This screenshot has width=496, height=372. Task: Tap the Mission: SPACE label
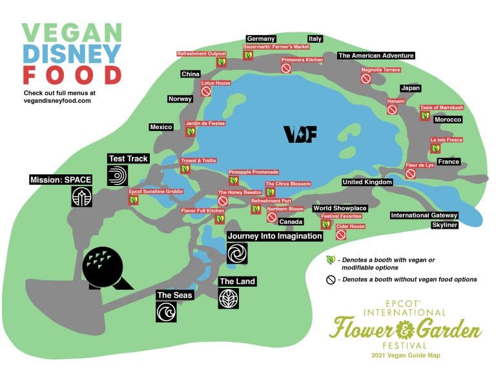[61, 179]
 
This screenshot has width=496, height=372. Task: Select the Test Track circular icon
[118, 176]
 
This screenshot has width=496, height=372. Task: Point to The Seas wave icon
[166, 313]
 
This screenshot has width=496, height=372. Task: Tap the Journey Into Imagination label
[274, 236]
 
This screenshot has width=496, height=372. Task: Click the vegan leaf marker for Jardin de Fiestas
[191, 132]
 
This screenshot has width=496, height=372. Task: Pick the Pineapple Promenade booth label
[254, 172]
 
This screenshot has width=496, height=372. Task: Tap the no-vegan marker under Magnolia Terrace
[366, 79]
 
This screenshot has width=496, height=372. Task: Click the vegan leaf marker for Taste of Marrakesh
[425, 116]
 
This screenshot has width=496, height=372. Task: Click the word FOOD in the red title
[72, 75]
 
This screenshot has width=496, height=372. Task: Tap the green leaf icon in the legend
[331, 260]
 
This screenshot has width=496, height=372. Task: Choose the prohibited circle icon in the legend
[331, 280]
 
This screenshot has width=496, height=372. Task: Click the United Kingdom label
[367, 183]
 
